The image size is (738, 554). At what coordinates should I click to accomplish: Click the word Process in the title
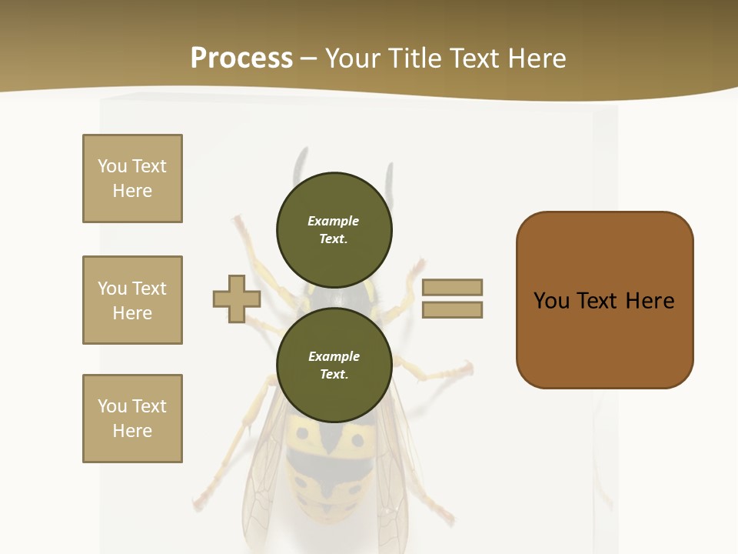(241, 58)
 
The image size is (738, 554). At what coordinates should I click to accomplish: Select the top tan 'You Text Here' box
(132, 179)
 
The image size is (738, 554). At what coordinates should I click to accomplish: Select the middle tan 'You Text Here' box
(132, 300)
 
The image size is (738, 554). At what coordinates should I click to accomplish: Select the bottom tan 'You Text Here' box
(132, 419)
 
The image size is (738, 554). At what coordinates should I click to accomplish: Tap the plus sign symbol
(237, 299)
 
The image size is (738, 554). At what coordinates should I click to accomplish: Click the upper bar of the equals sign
(452, 287)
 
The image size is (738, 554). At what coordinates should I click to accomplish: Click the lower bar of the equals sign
(452, 310)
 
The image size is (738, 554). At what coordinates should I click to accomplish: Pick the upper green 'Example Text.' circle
(334, 229)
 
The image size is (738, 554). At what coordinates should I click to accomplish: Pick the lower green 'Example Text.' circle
(334, 365)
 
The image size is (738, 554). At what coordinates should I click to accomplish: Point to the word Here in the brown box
(650, 301)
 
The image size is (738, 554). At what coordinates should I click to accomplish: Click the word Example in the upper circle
(334, 221)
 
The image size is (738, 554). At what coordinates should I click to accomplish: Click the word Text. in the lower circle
(334, 374)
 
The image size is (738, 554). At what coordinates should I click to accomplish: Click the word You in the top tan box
(112, 166)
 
